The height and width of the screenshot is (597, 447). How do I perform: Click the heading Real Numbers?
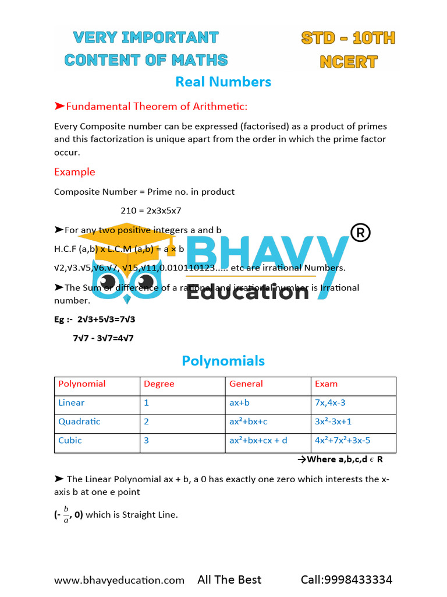pos(223,82)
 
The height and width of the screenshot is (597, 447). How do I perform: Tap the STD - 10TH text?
pos(348,38)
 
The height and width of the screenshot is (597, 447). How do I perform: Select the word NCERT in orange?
pos(348,62)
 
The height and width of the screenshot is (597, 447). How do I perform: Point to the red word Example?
pos(74,172)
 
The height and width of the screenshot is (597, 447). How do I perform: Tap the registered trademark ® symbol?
pos(360,233)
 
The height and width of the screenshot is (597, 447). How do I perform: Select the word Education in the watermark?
pos(247,290)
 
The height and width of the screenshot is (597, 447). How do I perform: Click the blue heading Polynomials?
pos(223,361)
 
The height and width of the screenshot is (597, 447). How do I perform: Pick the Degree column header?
pos(159,384)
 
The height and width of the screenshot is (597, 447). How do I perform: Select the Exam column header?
pos(326,384)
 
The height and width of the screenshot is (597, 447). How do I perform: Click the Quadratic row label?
pos(79,422)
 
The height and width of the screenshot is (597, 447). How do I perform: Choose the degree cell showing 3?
pos(147,440)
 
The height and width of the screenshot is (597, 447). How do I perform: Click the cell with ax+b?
pos(242,403)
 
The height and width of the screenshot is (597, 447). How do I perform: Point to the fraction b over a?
pos(66,515)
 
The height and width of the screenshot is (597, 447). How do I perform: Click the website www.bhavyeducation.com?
pos(119,580)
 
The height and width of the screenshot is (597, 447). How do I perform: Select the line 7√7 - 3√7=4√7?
pos(103,338)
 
